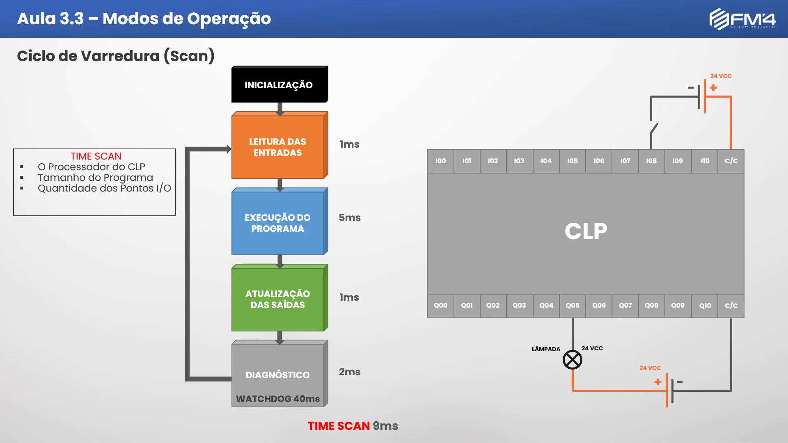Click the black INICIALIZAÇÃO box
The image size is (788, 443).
click(279, 84)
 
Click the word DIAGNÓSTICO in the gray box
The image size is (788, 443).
click(277, 375)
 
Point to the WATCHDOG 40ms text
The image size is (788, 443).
click(278, 399)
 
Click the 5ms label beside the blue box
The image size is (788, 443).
click(350, 218)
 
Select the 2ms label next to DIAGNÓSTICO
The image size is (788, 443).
click(350, 372)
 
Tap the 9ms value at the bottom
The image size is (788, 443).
click(385, 426)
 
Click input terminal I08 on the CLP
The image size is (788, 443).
click(651, 161)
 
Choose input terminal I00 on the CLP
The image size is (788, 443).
click(440, 161)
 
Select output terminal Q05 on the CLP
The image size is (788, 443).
click(573, 306)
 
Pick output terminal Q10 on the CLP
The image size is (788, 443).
click(705, 306)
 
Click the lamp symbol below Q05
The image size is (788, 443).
click(573, 360)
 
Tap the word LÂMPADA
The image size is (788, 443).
click(546, 349)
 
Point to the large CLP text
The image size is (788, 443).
click(586, 231)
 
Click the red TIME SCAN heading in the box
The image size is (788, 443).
click(96, 156)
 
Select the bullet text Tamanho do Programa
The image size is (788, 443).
click(95, 178)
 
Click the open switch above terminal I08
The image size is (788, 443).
click(654, 128)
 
